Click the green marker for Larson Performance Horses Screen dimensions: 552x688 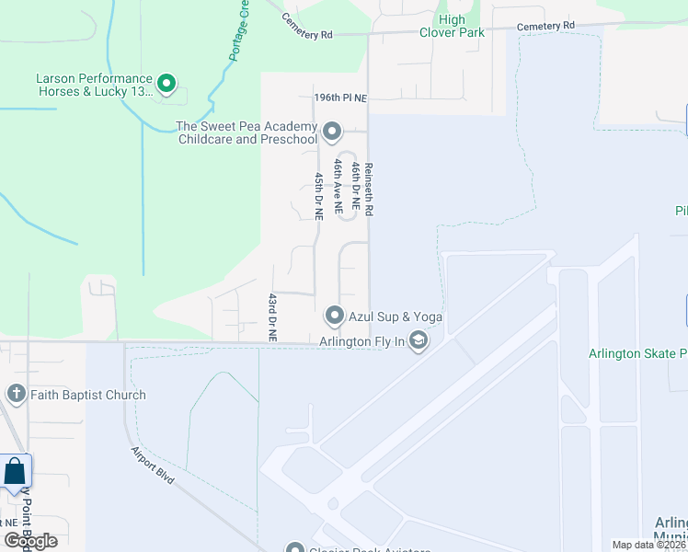[166, 85]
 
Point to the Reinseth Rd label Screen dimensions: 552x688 [368, 190]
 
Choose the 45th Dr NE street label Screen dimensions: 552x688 [319, 196]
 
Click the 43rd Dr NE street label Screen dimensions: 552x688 [272, 317]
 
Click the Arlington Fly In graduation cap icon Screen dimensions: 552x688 [419, 342]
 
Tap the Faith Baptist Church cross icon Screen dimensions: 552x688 [16, 395]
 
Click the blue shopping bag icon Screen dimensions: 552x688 [16, 473]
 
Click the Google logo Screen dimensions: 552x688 [30, 541]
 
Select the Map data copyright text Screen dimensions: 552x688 [648, 545]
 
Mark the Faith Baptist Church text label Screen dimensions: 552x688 [87, 395]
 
